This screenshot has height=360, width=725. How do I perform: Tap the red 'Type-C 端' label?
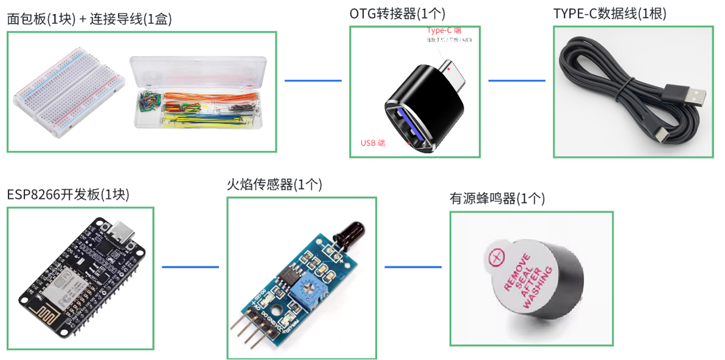[x=444, y=31]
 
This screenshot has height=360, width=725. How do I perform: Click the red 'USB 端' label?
[x=373, y=143]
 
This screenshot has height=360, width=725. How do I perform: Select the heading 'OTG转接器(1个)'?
[x=397, y=13]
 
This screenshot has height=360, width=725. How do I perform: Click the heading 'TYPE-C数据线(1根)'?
[x=610, y=13]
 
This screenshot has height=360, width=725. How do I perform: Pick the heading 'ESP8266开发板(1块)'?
[x=68, y=194]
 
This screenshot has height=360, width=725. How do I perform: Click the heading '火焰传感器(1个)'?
[x=274, y=185]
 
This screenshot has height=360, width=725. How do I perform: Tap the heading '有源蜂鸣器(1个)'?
[x=497, y=199]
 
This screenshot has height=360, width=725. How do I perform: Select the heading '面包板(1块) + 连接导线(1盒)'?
[x=89, y=19]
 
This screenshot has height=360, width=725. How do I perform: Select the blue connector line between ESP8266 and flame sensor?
[x=190, y=266]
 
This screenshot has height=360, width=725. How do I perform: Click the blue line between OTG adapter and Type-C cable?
[x=516, y=80]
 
